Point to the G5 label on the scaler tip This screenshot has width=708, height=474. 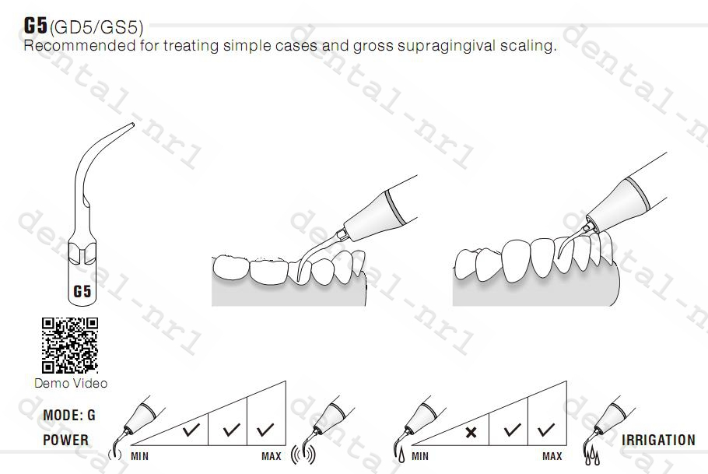coord(82,293)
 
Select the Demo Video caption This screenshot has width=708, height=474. coord(71,383)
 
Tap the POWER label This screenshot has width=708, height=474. coord(65,440)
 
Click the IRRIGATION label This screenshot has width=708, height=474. coord(658,440)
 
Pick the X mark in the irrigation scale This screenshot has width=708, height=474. coord(471,430)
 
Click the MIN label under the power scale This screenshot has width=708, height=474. coord(140,456)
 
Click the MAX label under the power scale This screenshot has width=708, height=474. coord(272,456)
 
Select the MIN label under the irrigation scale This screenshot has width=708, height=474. coord(420,456)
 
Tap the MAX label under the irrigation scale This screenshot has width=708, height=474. coord(552,456)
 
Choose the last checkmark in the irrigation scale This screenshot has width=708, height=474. coord(546,429)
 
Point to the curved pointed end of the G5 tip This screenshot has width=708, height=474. coord(129,125)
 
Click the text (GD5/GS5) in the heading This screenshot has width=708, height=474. coord(96,28)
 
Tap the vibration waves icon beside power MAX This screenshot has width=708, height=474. coord(304,455)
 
